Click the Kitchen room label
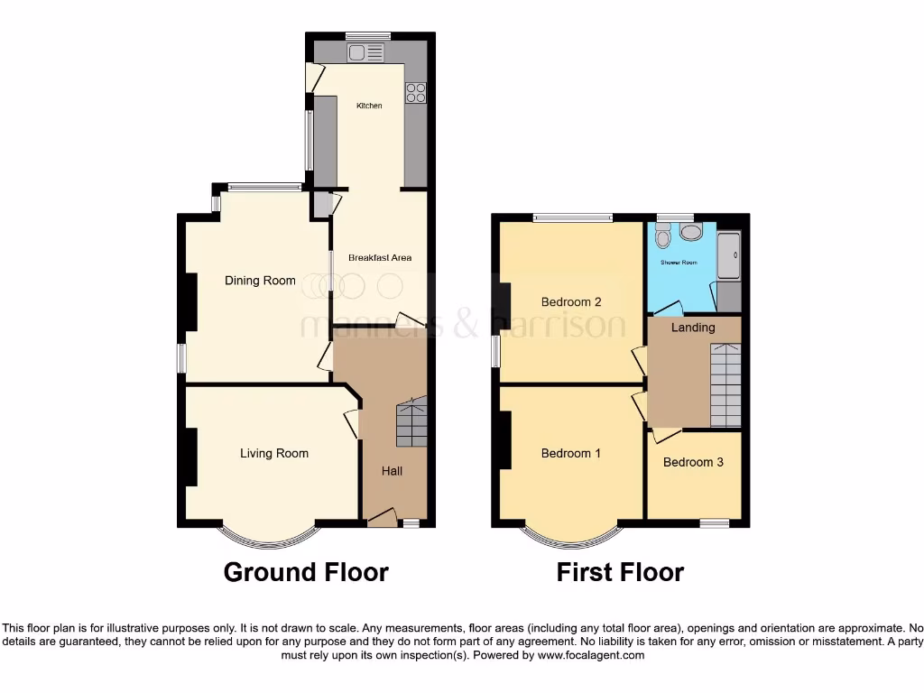tap(369, 106)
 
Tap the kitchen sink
tap(365, 53)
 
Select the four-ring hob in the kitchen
tap(416, 92)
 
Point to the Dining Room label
tap(260, 281)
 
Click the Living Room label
tap(273, 453)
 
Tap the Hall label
tap(392, 471)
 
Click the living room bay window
tap(268, 536)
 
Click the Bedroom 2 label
tap(571, 301)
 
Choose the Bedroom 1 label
tap(570, 453)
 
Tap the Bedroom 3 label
tap(693, 462)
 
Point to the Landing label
tap(693, 328)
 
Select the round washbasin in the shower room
tap(692, 233)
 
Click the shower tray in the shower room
tap(728, 256)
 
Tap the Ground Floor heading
tap(306, 572)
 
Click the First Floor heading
tap(620, 572)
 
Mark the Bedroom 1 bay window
tap(571, 536)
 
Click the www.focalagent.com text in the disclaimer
tap(590, 656)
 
